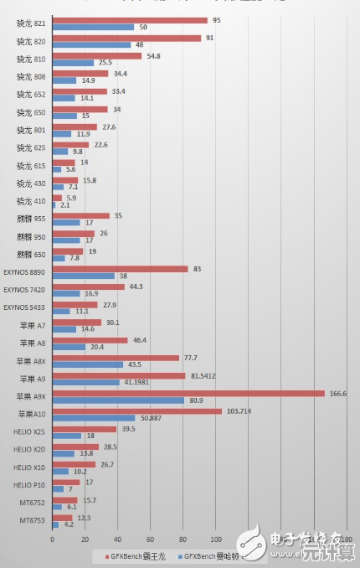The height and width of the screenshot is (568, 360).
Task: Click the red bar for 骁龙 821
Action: click(x=130, y=20)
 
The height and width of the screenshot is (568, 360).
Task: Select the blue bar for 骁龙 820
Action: click(x=91, y=44)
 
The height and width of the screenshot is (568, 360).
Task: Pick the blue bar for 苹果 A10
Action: click(x=94, y=418)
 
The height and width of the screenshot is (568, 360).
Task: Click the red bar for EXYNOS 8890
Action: click(x=120, y=269)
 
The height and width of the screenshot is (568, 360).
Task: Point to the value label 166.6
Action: click(x=338, y=392)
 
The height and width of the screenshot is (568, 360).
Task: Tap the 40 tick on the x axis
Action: click(x=117, y=539)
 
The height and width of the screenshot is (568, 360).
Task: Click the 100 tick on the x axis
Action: click(x=215, y=539)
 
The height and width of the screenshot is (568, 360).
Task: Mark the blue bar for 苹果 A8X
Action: click(x=88, y=364)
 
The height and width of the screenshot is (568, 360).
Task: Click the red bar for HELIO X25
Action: click(x=85, y=429)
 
